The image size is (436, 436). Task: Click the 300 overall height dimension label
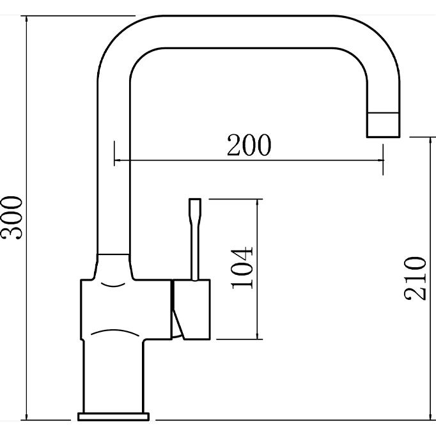tap(13, 217)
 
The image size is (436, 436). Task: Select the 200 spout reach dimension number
tap(249, 146)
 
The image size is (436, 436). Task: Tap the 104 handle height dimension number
tap(243, 267)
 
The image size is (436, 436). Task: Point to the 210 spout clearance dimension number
tap(414, 278)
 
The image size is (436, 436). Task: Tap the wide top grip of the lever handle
tap(195, 210)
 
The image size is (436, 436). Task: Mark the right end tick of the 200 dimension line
tap(384, 159)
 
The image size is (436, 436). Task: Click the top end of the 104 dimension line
tap(258, 199)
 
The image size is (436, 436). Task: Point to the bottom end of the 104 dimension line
tap(258, 339)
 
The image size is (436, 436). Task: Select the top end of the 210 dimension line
tap(428, 137)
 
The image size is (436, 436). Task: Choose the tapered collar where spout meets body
tap(113, 265)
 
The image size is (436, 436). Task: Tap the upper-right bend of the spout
tap(377, 45)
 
